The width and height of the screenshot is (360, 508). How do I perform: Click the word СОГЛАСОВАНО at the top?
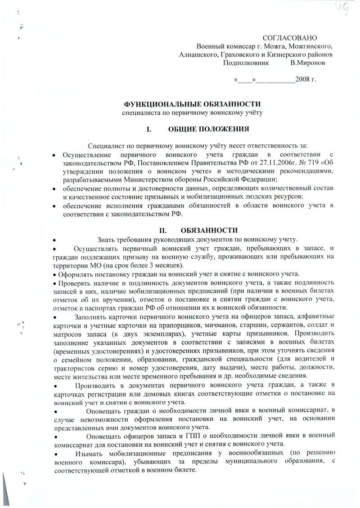point(290,38)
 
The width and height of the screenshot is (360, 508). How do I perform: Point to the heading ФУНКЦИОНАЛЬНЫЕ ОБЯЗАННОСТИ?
point(192,104)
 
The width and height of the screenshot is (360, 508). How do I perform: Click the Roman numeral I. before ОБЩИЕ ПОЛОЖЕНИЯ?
point(149,129)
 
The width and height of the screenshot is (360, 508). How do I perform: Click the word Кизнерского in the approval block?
point(285,54)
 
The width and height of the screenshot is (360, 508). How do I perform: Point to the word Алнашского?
point(198,54)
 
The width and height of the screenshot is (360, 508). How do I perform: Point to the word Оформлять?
point(75,274)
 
